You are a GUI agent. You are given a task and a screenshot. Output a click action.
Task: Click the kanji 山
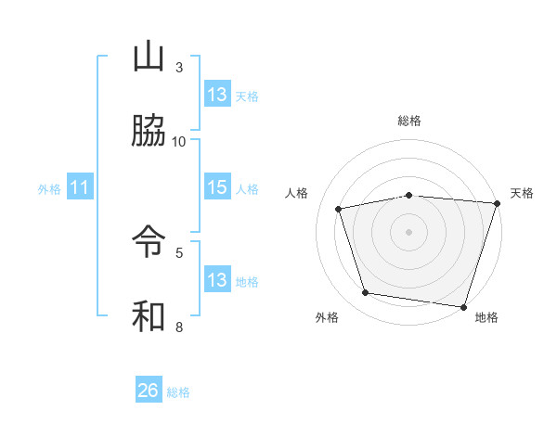(149, 58)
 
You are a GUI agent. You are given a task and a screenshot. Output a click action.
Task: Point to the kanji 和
(149, 315)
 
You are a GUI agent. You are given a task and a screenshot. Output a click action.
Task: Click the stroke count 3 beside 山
(179, 68)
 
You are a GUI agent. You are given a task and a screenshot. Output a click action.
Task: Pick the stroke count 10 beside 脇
(179, 141)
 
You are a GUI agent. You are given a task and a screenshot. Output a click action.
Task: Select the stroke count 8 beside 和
(179, 327)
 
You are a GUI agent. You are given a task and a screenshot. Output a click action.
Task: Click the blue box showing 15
(217, 188)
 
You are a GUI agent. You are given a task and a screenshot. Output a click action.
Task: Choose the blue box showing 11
(79, 188)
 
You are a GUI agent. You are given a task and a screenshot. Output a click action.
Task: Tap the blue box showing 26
(149, 391)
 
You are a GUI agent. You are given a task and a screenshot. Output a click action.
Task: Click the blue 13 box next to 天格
(217, 95)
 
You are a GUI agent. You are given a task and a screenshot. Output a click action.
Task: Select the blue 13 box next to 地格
(217, 280)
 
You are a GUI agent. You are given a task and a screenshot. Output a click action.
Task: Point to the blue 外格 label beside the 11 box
(49, 189)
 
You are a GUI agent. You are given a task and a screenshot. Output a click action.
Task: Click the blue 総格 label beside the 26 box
(178, 392)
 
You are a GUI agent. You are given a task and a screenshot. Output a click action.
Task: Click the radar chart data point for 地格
(463, 306)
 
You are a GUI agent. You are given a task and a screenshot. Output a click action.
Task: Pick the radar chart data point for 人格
(339, 209)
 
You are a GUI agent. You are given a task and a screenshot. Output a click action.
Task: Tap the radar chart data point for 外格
(366, 293)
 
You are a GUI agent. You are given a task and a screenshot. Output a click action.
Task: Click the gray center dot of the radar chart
(408, 231)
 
